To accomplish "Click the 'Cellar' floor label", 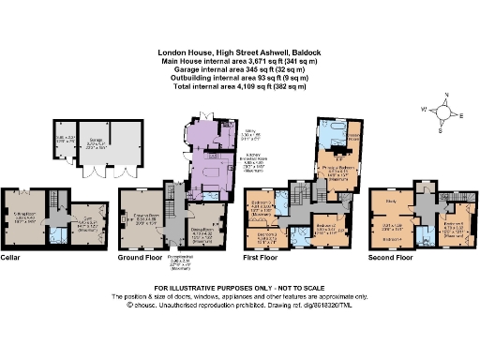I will click(12, 255).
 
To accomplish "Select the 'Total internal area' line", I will click(239, 87).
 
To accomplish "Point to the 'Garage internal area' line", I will click(239, 69).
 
